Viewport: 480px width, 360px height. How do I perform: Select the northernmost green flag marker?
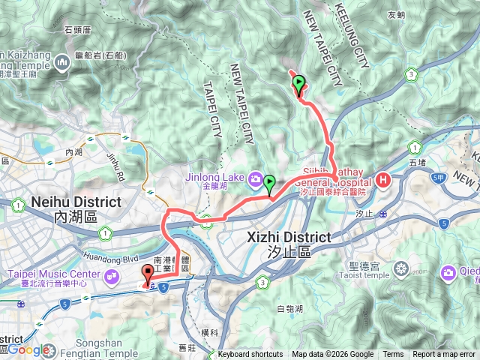(x=299, y=85)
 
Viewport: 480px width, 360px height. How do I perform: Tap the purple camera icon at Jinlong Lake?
(x=256, y=179)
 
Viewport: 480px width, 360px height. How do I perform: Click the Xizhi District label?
(x=289, y=237)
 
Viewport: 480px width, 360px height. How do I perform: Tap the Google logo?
(x=28, y=349)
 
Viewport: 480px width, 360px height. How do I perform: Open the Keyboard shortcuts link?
(x=250, y=355)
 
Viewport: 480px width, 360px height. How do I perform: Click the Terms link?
(x=393, y=355)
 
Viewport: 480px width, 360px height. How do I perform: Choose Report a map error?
(x=444, y=355)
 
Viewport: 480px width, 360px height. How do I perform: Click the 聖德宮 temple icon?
(x=402, y=268)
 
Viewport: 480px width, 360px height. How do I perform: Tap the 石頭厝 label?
(x=77, y=30)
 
